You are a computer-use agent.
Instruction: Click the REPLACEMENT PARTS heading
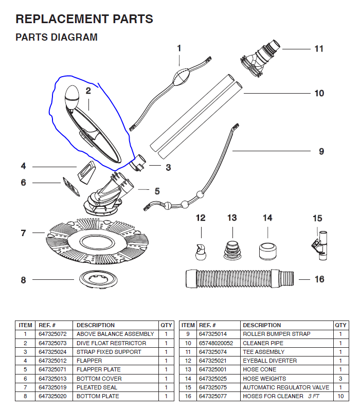click(84, 20)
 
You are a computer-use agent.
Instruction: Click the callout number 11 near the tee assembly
click(319, 49)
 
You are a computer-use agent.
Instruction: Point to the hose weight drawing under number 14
click(267, 248)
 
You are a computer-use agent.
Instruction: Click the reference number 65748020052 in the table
click(216, 343)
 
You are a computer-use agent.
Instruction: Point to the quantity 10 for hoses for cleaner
click(340, 396)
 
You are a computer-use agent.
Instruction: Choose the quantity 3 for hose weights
click(340, 379)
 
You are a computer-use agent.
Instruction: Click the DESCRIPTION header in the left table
click(96, 325)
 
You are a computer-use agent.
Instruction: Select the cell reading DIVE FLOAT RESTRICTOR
click(111, 343)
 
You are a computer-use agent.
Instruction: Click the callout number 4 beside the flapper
click(23, 166)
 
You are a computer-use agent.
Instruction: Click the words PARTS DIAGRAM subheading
click(57, 38)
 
